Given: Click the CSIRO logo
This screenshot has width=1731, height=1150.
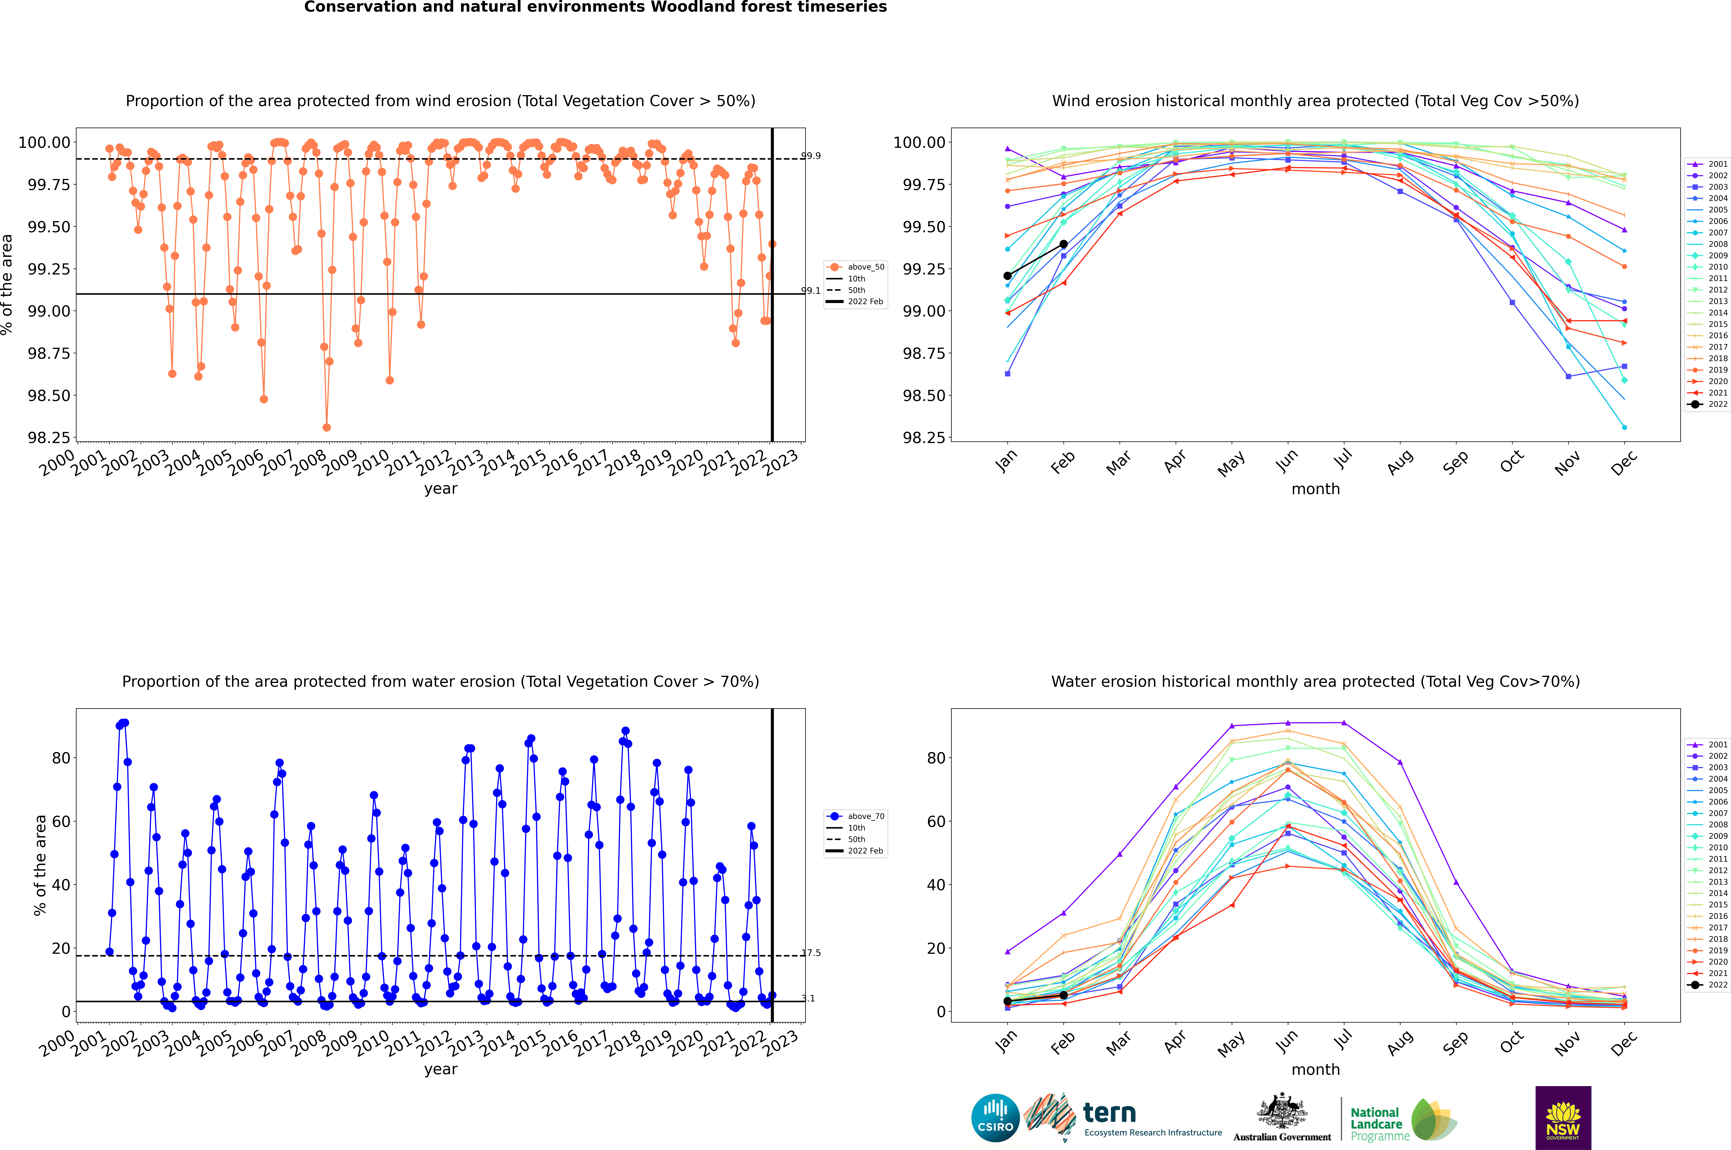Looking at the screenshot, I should (x=995, y=1118).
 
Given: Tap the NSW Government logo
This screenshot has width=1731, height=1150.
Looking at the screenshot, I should (x=1563, y=1118).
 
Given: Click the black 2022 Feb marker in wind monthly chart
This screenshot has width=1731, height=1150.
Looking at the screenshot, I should (x=1063, y=244).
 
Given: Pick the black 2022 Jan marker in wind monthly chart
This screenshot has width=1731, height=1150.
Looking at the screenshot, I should (x=1008, y=276).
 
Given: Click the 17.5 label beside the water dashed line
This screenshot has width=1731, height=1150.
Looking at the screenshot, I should (x=811, y=953).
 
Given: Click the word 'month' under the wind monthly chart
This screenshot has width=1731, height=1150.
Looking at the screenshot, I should (x=1315, y=489).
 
